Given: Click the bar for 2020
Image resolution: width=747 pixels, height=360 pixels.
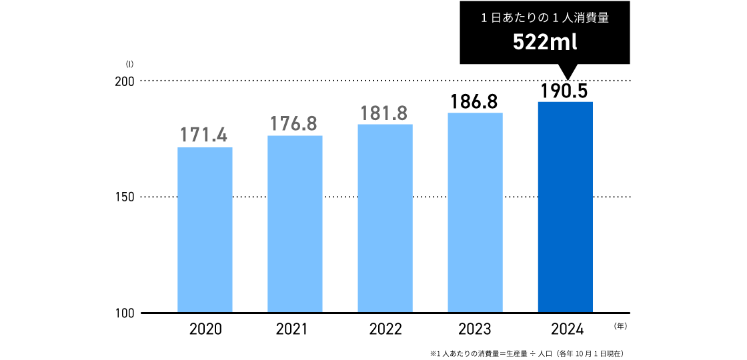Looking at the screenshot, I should click(x=205, y=229).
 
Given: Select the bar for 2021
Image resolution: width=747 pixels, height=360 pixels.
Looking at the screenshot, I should click(x=295, y=224).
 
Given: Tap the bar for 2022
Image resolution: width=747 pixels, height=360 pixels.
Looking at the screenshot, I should click(x=385, y=218).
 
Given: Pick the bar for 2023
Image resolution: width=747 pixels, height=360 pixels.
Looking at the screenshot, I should click(x=475, y=213).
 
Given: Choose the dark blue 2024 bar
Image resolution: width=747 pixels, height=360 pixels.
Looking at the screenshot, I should click(x=566, y=207).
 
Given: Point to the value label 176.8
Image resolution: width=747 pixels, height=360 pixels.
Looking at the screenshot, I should click(x=295, y=123).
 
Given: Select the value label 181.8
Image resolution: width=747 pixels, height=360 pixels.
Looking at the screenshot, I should click(x=385, y=113).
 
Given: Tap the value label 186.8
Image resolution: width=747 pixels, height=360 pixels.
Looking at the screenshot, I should click(x=475, y=101).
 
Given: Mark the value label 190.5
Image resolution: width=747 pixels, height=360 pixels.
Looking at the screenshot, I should click(x=566, y=91).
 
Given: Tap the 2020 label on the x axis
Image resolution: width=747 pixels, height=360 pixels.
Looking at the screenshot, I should click(x=205, y=329).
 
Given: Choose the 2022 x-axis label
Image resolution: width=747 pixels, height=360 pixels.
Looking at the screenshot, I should click(x=385, y=329).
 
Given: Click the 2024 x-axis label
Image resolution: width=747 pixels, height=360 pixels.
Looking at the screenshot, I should click(x=566, y=329).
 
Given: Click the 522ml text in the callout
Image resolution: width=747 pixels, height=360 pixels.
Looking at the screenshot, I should click(x=544, y=43).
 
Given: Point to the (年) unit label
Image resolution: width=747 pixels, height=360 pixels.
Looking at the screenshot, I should click(x=620, y=327).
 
